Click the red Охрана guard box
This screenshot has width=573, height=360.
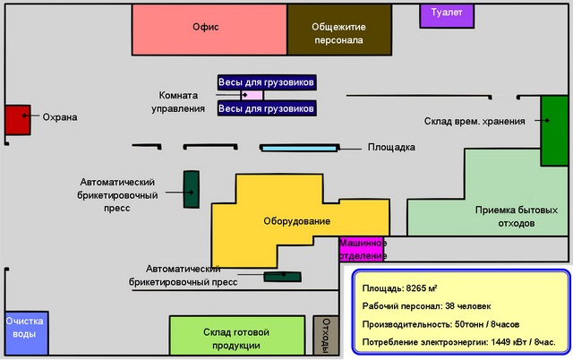(x=17, y=119)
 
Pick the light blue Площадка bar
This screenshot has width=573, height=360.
(x=300, y=148)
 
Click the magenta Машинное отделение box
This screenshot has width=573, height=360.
(x=363, y=249)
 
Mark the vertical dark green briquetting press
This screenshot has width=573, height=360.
(x=191, y=189)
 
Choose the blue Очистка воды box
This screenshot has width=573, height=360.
(x=24, y=334)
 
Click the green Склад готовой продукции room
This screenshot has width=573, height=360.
(x=237, y=337)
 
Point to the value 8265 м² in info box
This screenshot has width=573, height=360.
(x=421, y=289)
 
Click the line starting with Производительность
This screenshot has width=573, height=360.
(x=440, y=324)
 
